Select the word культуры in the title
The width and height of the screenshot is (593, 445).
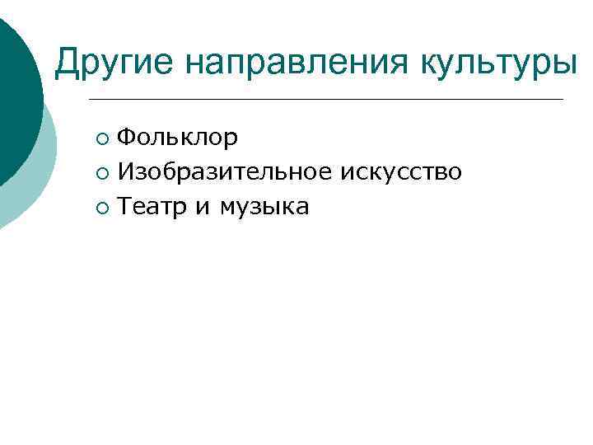click(x=502, y=62)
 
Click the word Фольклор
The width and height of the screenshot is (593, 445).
click(x=177, y=137)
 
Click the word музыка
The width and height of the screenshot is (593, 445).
click(x=264, y=207)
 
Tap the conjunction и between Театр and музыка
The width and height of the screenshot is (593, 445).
click(x=203, y=208)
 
